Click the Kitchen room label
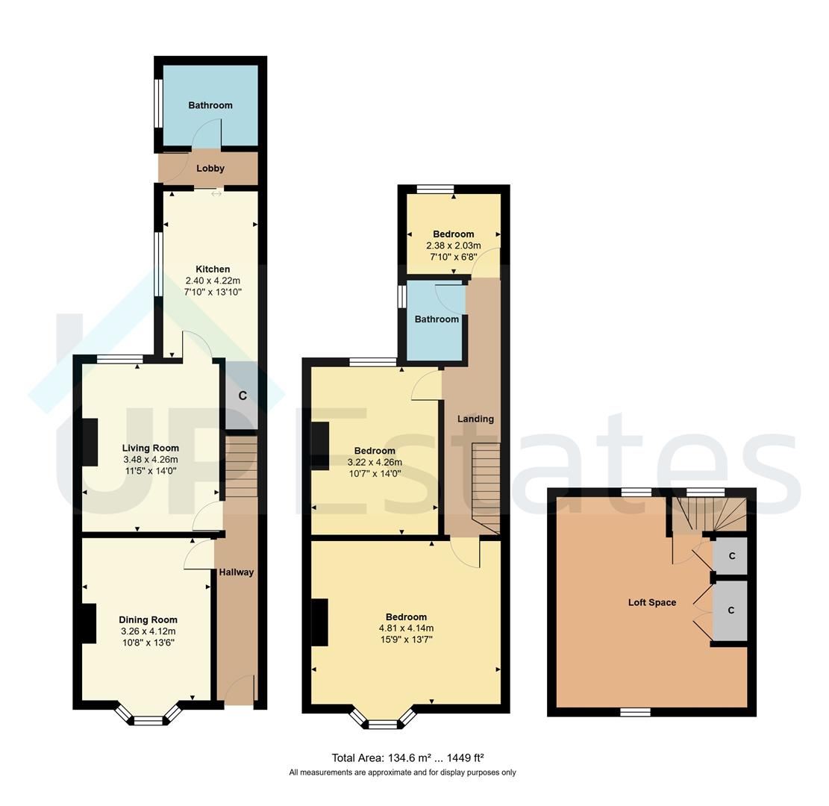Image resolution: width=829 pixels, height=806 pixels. point(213,269)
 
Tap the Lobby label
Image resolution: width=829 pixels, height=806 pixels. point(210,169)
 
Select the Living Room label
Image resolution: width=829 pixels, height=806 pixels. point(151,448)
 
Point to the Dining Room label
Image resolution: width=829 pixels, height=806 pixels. point(148,619)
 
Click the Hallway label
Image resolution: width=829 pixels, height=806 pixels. point(236,572)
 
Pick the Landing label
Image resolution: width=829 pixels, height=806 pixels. point(475,419)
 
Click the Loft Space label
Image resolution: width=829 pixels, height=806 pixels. point(651,602)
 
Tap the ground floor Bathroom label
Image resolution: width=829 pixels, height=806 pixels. point(210,105)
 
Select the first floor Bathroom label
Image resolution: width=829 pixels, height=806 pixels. point(437,319)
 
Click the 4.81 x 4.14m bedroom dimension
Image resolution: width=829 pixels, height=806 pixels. point(406,628)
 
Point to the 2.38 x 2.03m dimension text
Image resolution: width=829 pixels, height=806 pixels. point(453,246)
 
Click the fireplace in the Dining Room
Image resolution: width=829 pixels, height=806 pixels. point(88,623)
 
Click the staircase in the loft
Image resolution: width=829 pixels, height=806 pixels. point(709,515)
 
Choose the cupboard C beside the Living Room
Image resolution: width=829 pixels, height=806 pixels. point(242,396)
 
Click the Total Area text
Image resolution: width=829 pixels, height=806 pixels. point(402,757)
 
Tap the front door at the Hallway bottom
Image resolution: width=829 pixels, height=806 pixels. point(240,690)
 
